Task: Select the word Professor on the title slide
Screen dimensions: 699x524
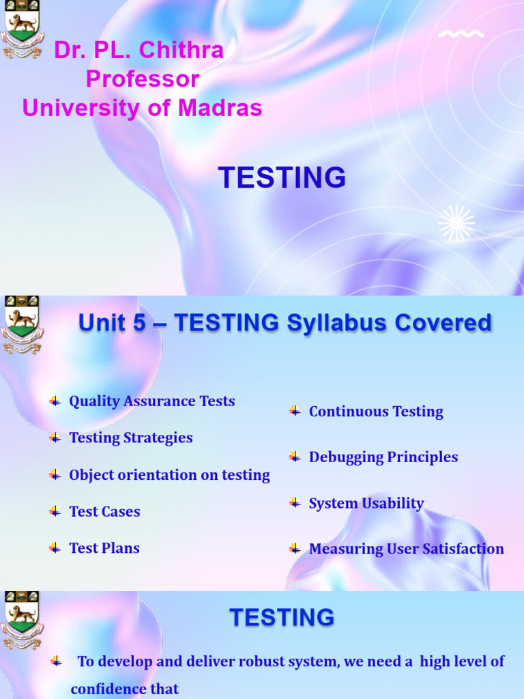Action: point(142,79)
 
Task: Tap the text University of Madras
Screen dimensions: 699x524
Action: point(142,108)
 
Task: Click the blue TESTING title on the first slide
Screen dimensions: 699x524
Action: point(282,178)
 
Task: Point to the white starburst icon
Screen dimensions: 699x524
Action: point(456,223)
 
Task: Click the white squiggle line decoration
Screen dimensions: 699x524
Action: point(461,33)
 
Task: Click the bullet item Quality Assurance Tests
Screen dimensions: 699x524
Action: point(151,401)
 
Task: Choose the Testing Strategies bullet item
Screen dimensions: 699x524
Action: point(130,438)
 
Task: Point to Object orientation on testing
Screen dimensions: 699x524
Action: point(169,475)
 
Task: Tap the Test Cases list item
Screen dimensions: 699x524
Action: point(104,512)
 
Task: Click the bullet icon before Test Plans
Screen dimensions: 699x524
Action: point(55,548)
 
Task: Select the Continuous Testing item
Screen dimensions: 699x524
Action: point(375,412)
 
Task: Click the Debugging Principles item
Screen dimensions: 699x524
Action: point(383,457)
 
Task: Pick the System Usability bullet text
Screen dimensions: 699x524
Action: point(366,504)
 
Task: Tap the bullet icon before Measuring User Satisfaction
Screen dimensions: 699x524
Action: point(295,549)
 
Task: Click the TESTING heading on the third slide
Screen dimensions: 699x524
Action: point(282,618)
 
